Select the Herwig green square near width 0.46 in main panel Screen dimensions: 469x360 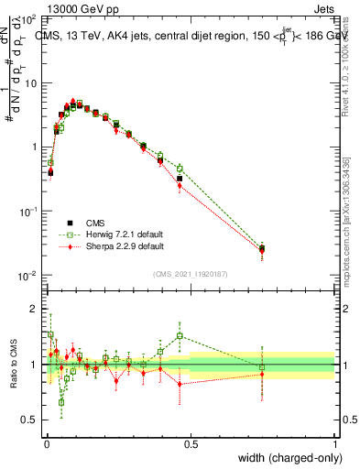pyautogui.click(x=180, y=169)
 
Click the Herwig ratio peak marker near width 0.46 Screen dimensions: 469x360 pyautogui.click(x=180, y=335)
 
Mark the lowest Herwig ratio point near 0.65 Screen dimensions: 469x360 pyautogui.click(x=61, y=402)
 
